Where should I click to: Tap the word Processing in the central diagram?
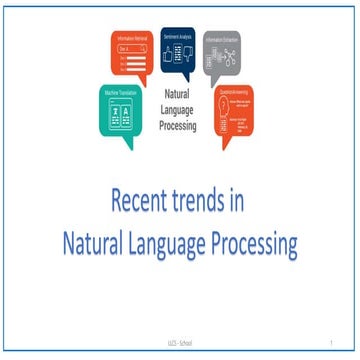coord(180,128)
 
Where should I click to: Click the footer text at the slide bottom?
coord(180,343)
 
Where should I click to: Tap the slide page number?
coord(329,343)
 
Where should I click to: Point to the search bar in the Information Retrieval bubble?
coord(131,48)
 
